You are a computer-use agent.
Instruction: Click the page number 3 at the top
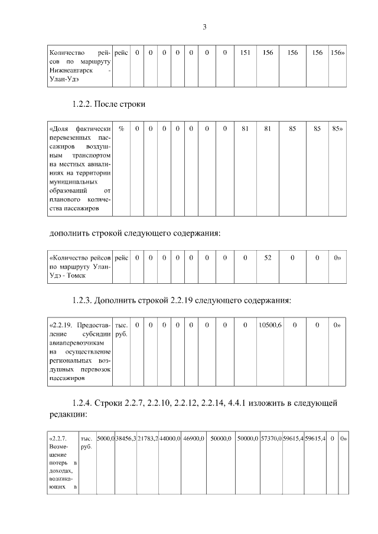[x=204, y=27]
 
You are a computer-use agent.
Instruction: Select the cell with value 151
[x=245, y=53]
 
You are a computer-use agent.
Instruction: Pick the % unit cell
[x=121, y=127]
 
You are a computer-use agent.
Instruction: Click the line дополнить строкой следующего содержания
[x=135, y=233]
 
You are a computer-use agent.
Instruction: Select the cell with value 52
[x=268, y=258]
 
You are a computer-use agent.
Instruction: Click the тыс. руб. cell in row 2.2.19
[x=121, y=329]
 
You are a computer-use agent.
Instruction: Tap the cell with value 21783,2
[x=148, y=439]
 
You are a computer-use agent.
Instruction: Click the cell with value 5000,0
[x=106, y=439]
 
